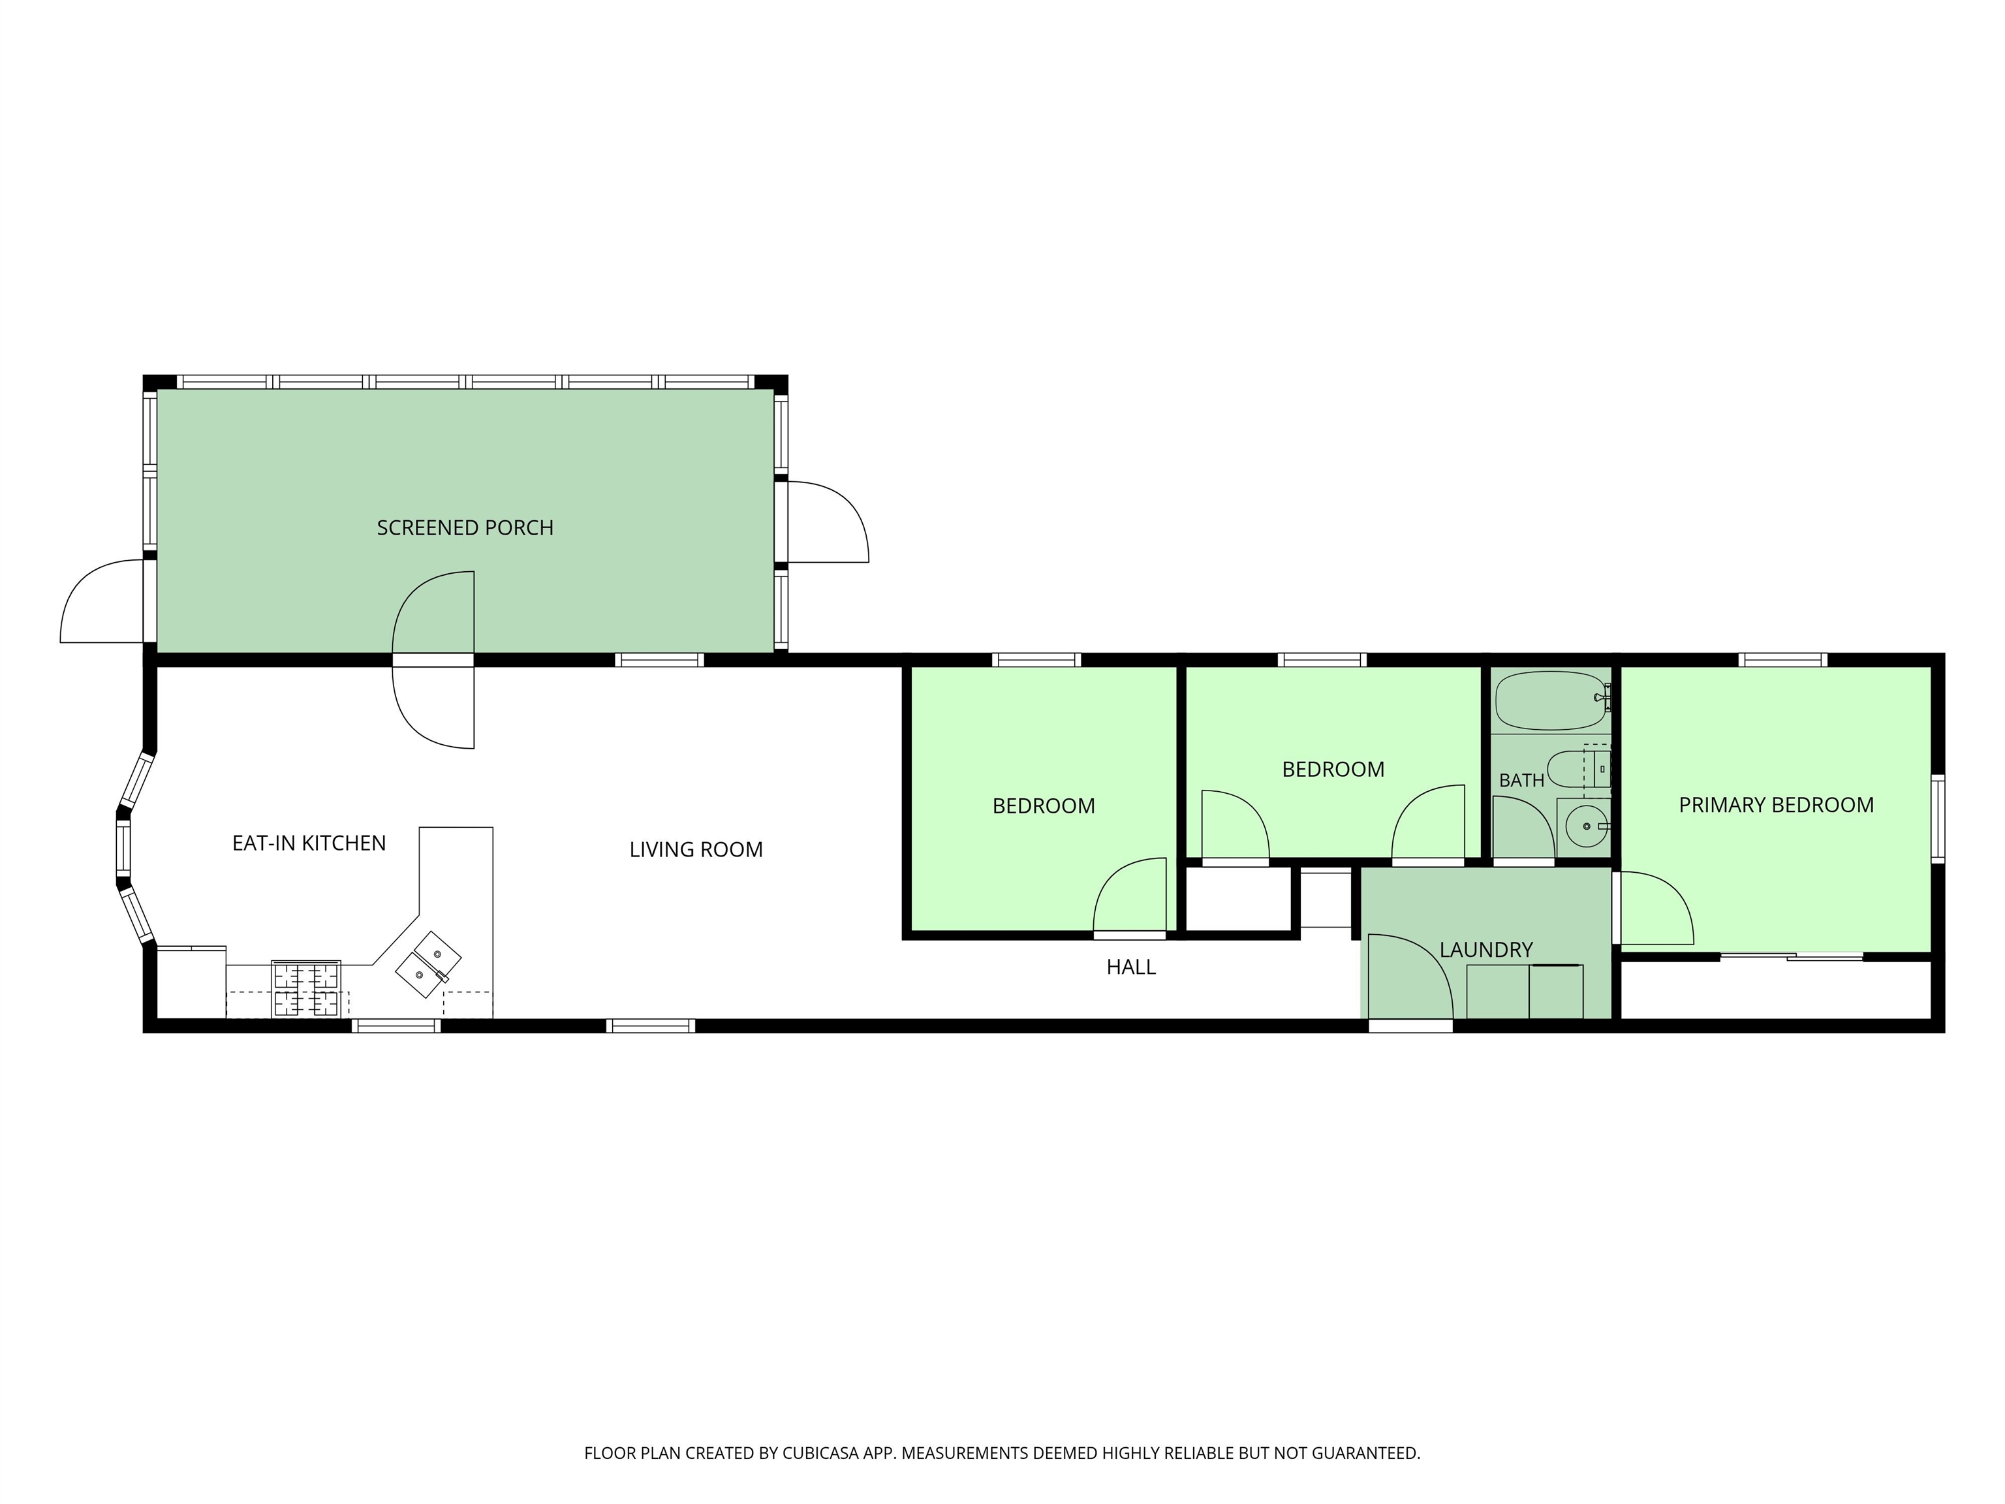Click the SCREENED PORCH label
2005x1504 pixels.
tap(465, 527)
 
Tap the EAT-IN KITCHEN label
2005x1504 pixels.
tap(309, 843)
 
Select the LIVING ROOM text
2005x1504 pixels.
tap(696, 849)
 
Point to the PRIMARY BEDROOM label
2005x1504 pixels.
tap(1776, 805)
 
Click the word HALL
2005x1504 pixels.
tap(1131, 967)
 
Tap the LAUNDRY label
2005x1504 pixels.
tap(1487, 949)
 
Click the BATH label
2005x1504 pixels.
tap(1522, 779)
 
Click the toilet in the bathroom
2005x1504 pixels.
tap(1578, 769)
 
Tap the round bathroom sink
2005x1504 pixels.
tap(1586, 826)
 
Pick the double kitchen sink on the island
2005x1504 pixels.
tap(428, 965)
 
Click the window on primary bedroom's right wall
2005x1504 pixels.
tap(1937, 818)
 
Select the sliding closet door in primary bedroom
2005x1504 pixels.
tap(1791, 956)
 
